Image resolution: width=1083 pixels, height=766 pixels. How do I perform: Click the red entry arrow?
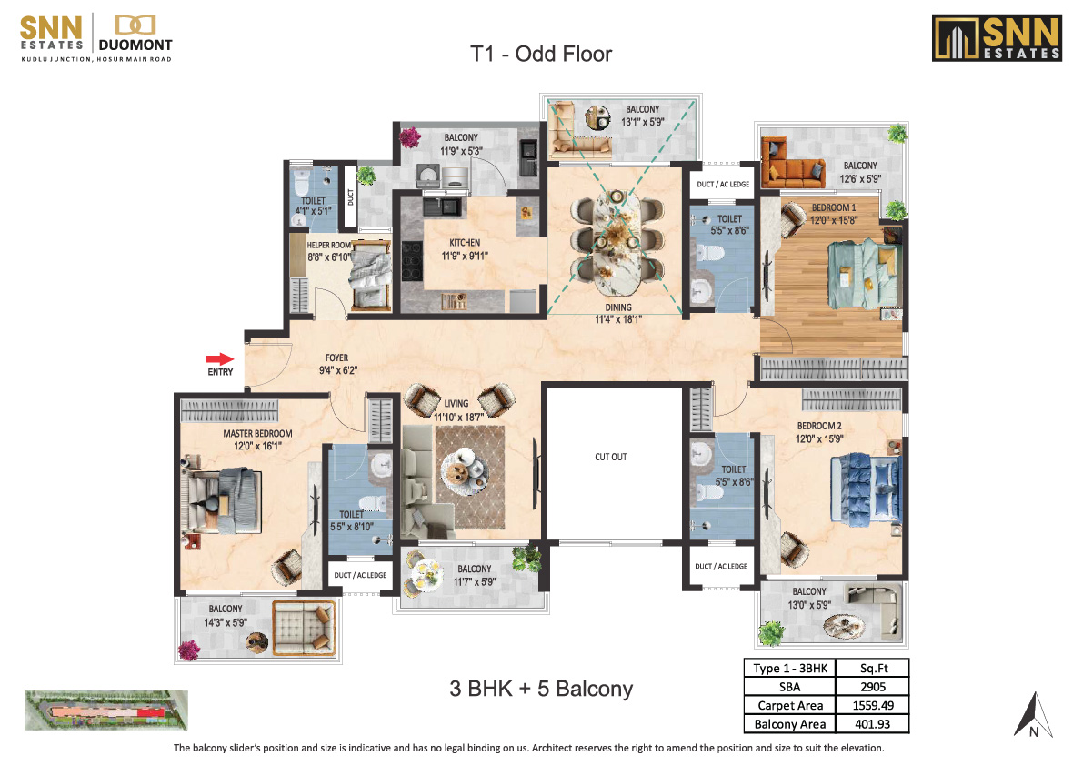(220, 358)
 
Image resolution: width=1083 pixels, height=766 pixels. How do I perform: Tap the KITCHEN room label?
(465, 242)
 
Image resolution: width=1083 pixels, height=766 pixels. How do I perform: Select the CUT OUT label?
(611, 457)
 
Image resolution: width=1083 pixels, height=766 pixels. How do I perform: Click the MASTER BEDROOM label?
(257, 434)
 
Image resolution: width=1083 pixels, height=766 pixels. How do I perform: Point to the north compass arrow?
(1033, 715)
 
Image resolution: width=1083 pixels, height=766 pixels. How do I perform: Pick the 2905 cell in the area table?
(873, 687)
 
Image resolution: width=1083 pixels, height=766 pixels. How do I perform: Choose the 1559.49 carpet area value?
(873, 705)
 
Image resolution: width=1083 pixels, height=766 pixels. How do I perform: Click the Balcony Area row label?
(790, 724)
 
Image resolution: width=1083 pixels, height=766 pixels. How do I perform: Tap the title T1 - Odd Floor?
(541, 54)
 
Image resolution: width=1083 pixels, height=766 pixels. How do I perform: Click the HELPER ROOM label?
(329, 246)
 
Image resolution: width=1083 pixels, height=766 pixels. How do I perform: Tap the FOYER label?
(337, 358)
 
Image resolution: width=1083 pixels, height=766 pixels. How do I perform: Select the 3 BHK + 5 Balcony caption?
(541, 689)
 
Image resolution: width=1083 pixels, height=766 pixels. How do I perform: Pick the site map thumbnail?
(106, 711)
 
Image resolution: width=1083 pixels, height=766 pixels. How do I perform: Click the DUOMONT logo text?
(135, 45)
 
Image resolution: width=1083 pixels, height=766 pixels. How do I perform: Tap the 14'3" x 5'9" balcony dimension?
(226, 622)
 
